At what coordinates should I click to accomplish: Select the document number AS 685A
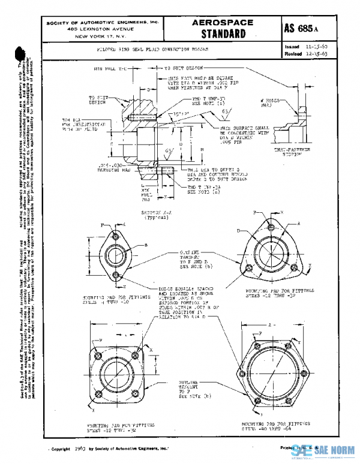coord(308,28)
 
